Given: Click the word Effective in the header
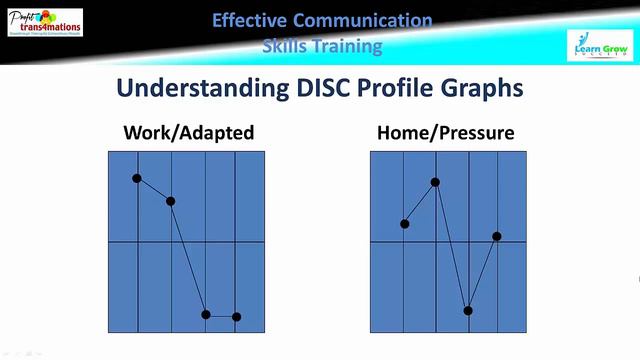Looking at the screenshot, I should point(250,20).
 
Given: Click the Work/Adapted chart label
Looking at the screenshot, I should point(188,132).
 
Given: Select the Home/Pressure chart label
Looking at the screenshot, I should point(447,132).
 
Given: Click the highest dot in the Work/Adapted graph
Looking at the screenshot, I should point(137,178).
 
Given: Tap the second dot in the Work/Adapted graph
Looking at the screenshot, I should point(170,201).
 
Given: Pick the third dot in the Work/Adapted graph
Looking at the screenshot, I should point(206,314).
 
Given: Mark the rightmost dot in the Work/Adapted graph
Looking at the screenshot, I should point(237,317).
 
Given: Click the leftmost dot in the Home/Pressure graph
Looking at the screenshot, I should point(405,224).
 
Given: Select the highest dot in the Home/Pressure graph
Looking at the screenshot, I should point(435,182).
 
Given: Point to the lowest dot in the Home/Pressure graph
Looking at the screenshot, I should point(467,310).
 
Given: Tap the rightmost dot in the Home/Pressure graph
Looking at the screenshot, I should point(497,237).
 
